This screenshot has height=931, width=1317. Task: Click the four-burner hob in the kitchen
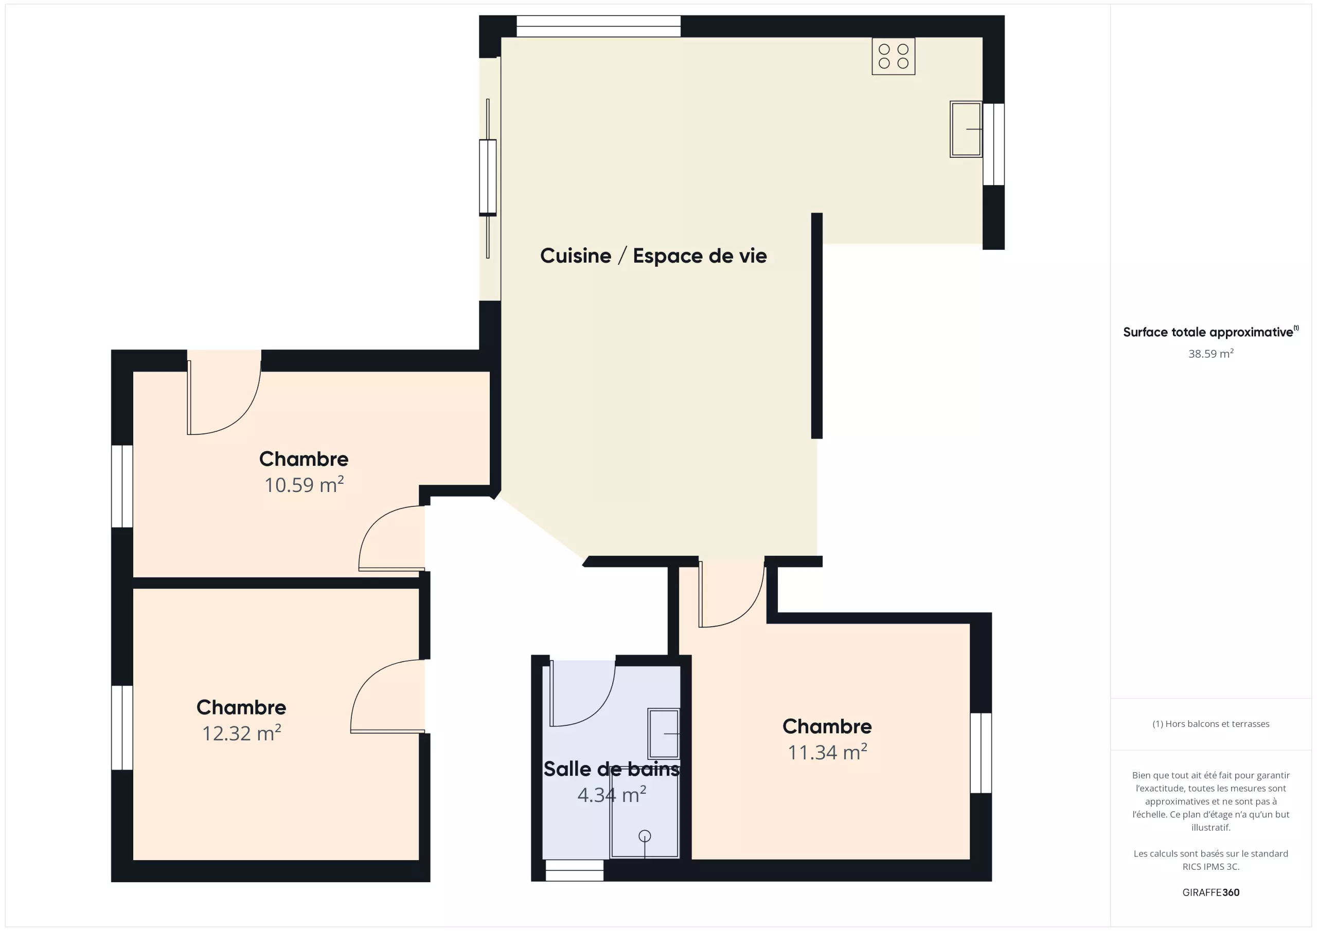point(893,56)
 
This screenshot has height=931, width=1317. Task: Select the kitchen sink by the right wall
point(966,130)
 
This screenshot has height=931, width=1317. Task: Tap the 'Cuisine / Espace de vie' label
point(653,255)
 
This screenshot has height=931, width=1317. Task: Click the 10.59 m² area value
point(304,484)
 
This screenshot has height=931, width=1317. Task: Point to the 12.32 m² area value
point(241,733)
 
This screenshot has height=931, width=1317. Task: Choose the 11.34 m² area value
point(827,752)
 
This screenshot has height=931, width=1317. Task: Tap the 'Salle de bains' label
point(612,769)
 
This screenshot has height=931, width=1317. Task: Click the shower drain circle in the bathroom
point(645,836)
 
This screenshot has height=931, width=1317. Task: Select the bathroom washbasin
point(664,734)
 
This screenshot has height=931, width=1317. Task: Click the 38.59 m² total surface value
point(1211,353)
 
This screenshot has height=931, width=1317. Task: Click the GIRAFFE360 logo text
point(1211,892)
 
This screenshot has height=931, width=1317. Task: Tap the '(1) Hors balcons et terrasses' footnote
point(1211,724)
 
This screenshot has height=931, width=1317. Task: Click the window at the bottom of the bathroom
point(574,870)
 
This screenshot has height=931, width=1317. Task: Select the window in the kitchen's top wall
point(598,26)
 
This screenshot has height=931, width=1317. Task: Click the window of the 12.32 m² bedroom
point(121,728)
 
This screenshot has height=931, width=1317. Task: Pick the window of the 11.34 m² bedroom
point(981,753)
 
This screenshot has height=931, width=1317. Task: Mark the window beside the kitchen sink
point(993,144)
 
